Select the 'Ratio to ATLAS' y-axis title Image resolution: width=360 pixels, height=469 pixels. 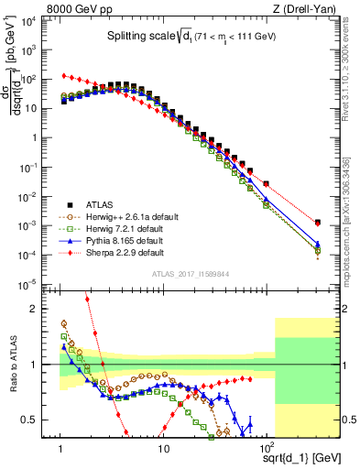[x=12, y=364]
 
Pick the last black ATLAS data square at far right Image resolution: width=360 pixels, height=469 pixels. [x=317, y=223]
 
